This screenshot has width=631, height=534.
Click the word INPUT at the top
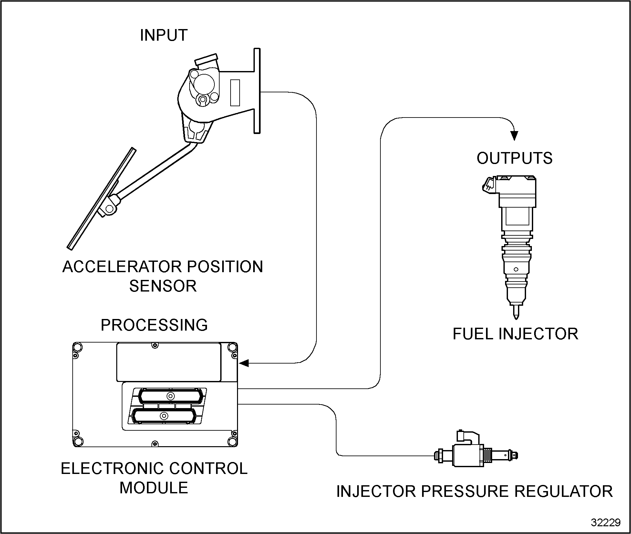coord(164,35)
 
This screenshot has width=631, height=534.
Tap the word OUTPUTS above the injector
coord(514,158)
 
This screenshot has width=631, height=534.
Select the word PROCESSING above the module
coord(154,325)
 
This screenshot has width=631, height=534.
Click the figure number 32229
coord(605,522)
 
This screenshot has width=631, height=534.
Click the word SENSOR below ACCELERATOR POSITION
coord(163,286)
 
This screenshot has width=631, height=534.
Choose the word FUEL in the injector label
coord(473,334)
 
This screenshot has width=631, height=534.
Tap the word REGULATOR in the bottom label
coord(564,491)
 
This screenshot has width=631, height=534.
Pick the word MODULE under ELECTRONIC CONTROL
coord(154,488)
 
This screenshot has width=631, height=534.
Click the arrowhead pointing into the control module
coord(244,363)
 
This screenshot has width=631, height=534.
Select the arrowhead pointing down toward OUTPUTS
coord(515,135)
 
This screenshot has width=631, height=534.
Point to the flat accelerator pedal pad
coord(102,199)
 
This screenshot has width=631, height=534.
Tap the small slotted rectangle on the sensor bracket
coord(235,93)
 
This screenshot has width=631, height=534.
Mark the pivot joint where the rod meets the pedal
coord(110,209)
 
